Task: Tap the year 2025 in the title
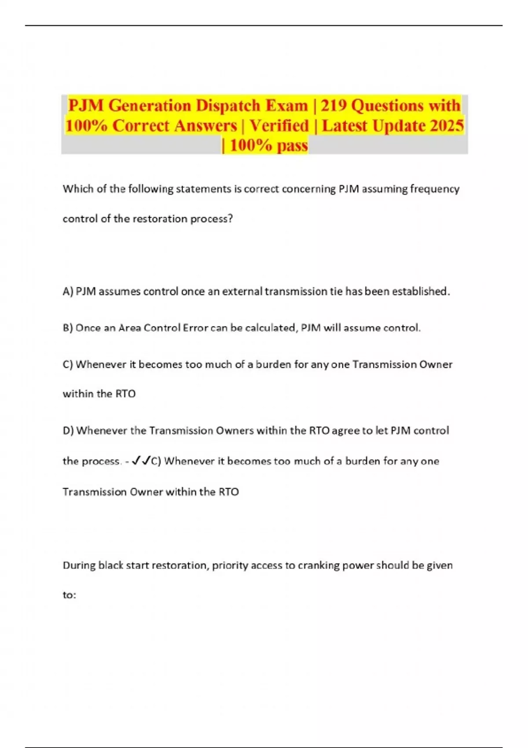click(x=447, y=126)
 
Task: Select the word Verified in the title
click(x=279, y=126)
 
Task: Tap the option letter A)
click(x=68, y=291)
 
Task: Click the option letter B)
click(x=68, y=328)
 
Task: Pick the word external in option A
click(x=242, y=291)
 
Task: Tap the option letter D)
click(x=68, y=430)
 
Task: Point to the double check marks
click(x=141, y=461)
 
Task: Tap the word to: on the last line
click(x=69, y=595)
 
